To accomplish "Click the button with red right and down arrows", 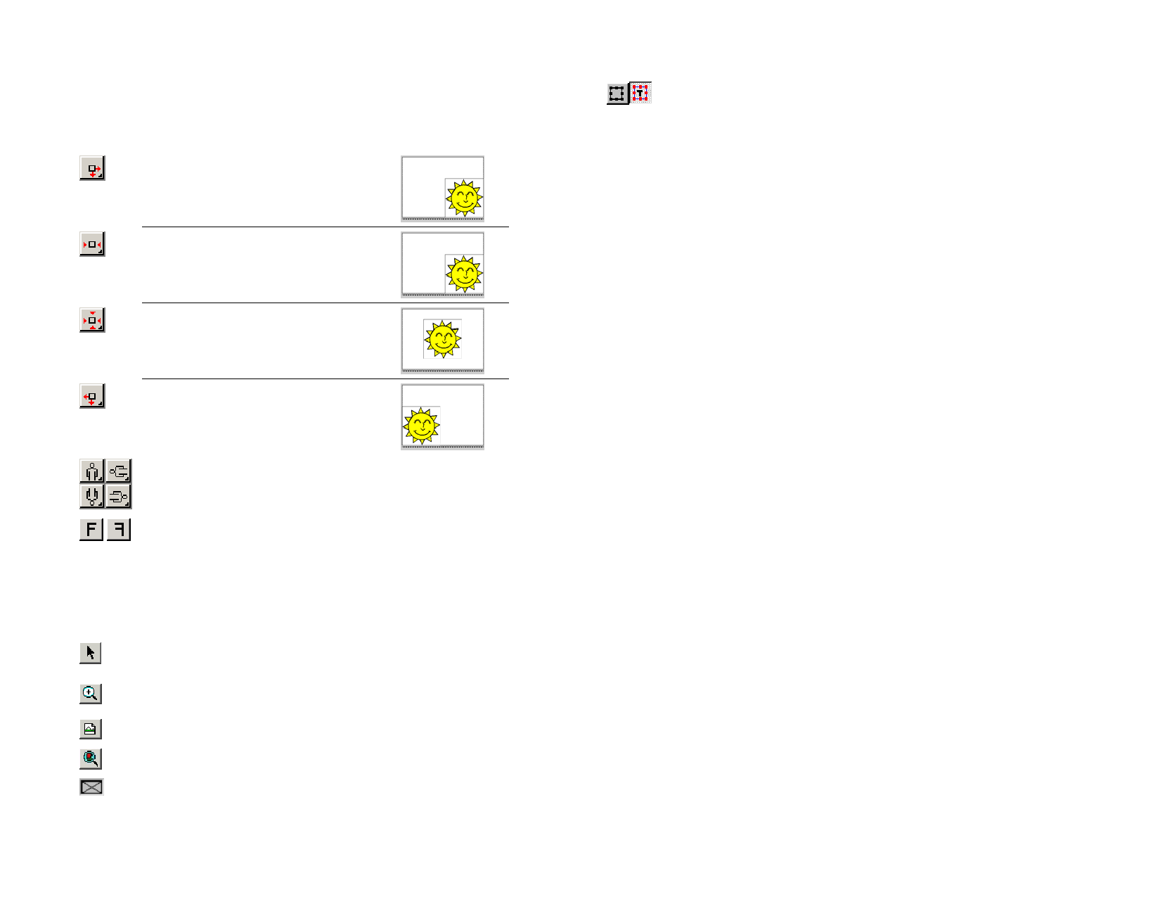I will [92, 169].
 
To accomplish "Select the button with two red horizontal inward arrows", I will [92, 245].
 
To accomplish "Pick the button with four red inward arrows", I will [92, 321].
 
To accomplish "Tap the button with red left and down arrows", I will [92, 397].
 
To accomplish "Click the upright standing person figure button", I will [92, 471].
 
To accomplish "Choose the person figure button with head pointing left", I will [119, 471].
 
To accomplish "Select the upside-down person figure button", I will [92, 497].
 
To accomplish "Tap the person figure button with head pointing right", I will [119, 497].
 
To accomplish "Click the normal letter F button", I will [91, 530].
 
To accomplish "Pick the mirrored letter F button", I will [119, 530].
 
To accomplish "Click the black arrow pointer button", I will [91, 653].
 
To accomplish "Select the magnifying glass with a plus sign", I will [91, 694].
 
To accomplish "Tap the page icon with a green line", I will [91, 729].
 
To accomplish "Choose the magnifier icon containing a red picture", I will [91, 758].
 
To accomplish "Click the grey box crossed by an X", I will [91, 787].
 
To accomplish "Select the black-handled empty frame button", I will [617, 94].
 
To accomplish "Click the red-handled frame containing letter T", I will [640, 93].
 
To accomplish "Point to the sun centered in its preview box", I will [442, 339].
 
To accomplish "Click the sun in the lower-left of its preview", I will [421, 425].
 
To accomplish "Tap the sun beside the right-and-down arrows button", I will [464, 198].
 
